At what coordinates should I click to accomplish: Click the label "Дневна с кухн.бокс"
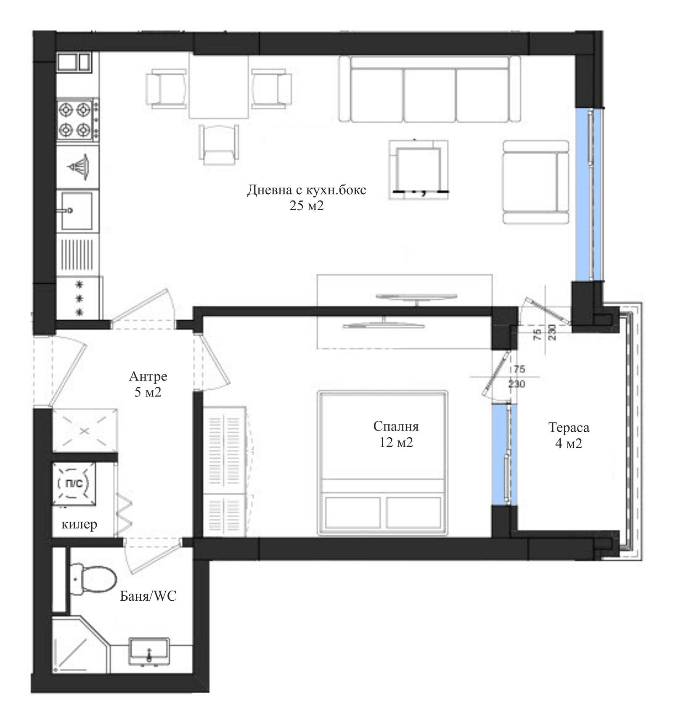point(306,190)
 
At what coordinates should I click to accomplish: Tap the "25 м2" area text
point(306,206)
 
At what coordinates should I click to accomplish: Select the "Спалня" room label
point(396,426)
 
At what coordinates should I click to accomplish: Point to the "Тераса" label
point(569,428)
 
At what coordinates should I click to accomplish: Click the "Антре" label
point(148,376)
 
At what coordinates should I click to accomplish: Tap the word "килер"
point(79,524)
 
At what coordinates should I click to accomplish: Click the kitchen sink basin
point(77,211)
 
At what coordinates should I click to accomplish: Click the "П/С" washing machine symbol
point(74,484)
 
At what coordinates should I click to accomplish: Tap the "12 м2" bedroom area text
point(396,442)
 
